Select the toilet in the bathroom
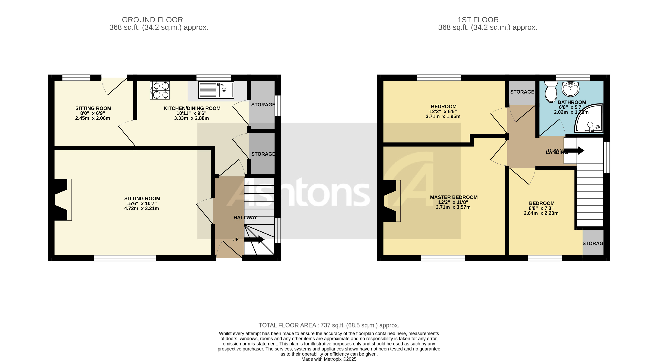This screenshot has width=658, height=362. click(551, 92)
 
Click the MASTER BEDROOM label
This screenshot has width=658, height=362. click(454, 197)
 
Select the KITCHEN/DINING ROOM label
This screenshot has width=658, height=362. click(192, 108)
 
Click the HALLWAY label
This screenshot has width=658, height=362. click(245, 218)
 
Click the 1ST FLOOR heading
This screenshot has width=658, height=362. click(478, 20)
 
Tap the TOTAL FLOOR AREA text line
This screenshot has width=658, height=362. click(329, 325)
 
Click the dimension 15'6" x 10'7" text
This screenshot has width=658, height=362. click(141, 204)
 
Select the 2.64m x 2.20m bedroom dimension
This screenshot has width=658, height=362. click(541, 213)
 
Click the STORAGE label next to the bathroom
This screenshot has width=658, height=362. click(522, 92)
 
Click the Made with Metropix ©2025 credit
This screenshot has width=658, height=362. click(329, 359)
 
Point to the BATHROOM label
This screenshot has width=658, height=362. click(572, 102)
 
